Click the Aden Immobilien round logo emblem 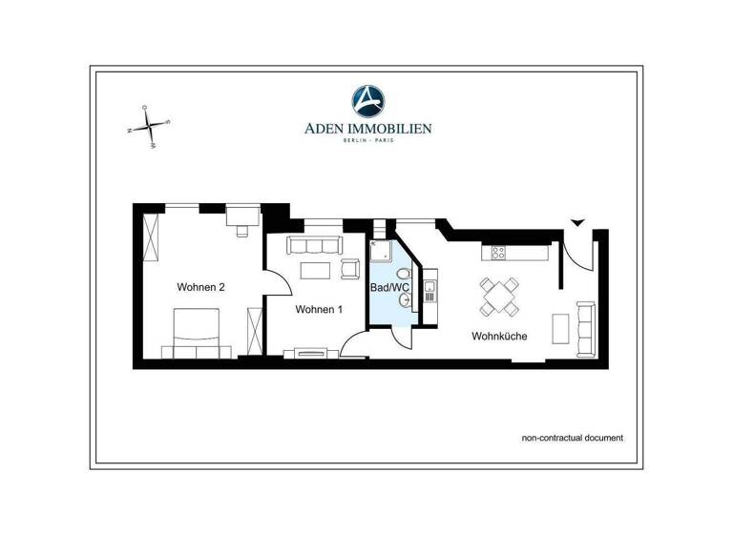[x=367, y=100]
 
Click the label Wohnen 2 [x=200, y=287]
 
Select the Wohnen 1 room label [x=319, y=309]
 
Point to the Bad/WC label [x=389, y=287]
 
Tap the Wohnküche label [x=499, y=336]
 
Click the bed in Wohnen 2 [x=199, y=329]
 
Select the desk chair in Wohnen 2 [x=242, y=230]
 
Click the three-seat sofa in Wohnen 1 [x=315, y=245]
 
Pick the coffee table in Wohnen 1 [x=315, y=270]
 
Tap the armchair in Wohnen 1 [x=348, y=270]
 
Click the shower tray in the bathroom [x=382, y=251]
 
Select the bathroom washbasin [x=408, y=300]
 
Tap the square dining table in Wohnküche [x=499, y=296]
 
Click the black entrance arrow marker [x=576, y=223]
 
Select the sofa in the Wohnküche [x=585, y=325]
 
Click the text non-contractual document [x=572, y=438]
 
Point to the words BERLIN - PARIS [x=367, y=141]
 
